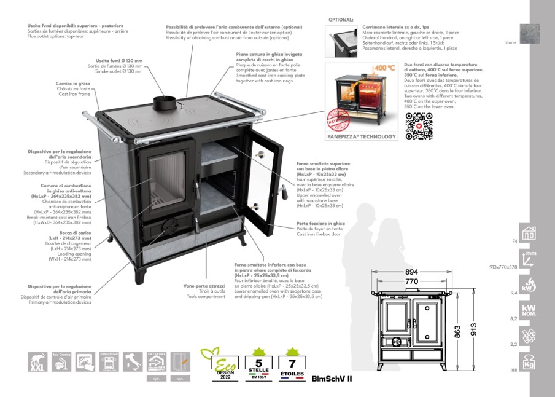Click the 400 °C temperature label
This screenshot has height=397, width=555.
[x=384, y=68]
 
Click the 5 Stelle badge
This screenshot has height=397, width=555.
[x=258, y=363]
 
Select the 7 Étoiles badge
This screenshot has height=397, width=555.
[x=292, y=363]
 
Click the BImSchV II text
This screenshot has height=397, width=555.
[x=332, y=379]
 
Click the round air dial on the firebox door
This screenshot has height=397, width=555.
[x=166, y=228]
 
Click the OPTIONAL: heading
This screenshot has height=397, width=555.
[x=341, y=20]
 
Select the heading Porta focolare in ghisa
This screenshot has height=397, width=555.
[x=320, y=223]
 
